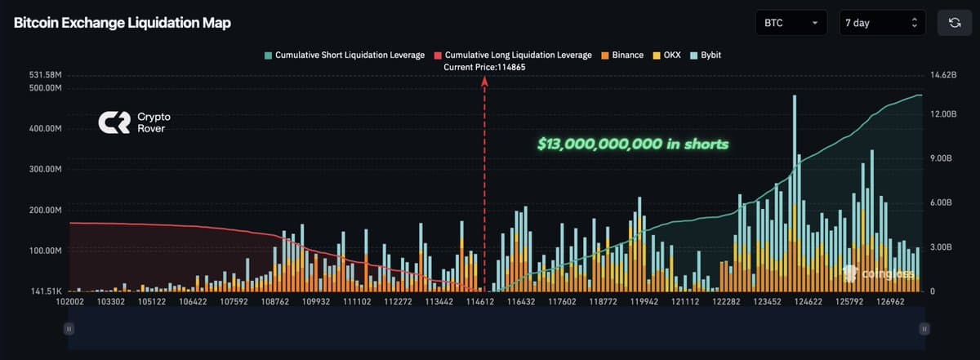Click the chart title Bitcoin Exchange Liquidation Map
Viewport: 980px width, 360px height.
coord(122,23)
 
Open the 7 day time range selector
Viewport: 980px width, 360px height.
coord(881,23)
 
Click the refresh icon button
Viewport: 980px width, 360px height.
coord(954,23)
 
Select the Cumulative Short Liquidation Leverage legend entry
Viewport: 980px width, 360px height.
coord(344,55)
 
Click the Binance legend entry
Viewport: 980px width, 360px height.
coord(622,55)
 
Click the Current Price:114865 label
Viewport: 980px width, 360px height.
coord(483,67)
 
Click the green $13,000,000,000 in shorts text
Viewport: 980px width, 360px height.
coord(633,144)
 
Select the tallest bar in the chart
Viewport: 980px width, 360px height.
coord(794,196)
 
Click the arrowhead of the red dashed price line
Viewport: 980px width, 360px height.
coord(485,81)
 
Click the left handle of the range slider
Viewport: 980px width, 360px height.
coord(69,328)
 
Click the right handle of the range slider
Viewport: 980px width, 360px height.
coord(924,328)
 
